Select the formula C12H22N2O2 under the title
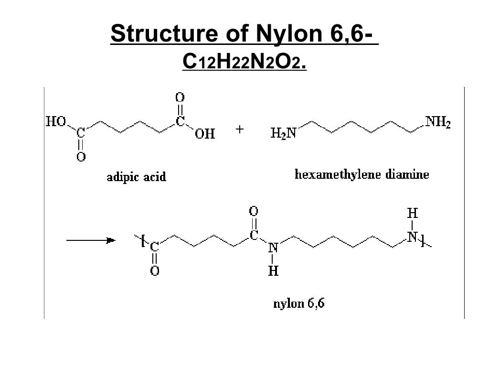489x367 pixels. point(244,61)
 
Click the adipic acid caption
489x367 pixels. point(137,177)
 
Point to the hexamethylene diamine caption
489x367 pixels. point(362,174)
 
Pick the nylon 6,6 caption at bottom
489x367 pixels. point(299,303)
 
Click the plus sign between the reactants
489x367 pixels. point(240,129)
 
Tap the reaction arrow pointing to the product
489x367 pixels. point(91,240)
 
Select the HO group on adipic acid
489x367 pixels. point(56,121)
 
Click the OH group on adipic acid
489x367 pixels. point(205,134)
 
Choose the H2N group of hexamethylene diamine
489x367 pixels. point(283,133)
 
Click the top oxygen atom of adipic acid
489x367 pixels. point(180,97)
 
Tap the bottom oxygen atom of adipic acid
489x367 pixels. point(81,156)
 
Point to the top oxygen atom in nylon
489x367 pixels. point(254,211)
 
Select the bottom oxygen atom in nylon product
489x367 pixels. point(155,270)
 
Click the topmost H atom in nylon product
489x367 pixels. point(412,214)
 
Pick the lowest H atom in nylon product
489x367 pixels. point(273,271)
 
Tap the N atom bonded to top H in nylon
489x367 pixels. point(412,237)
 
